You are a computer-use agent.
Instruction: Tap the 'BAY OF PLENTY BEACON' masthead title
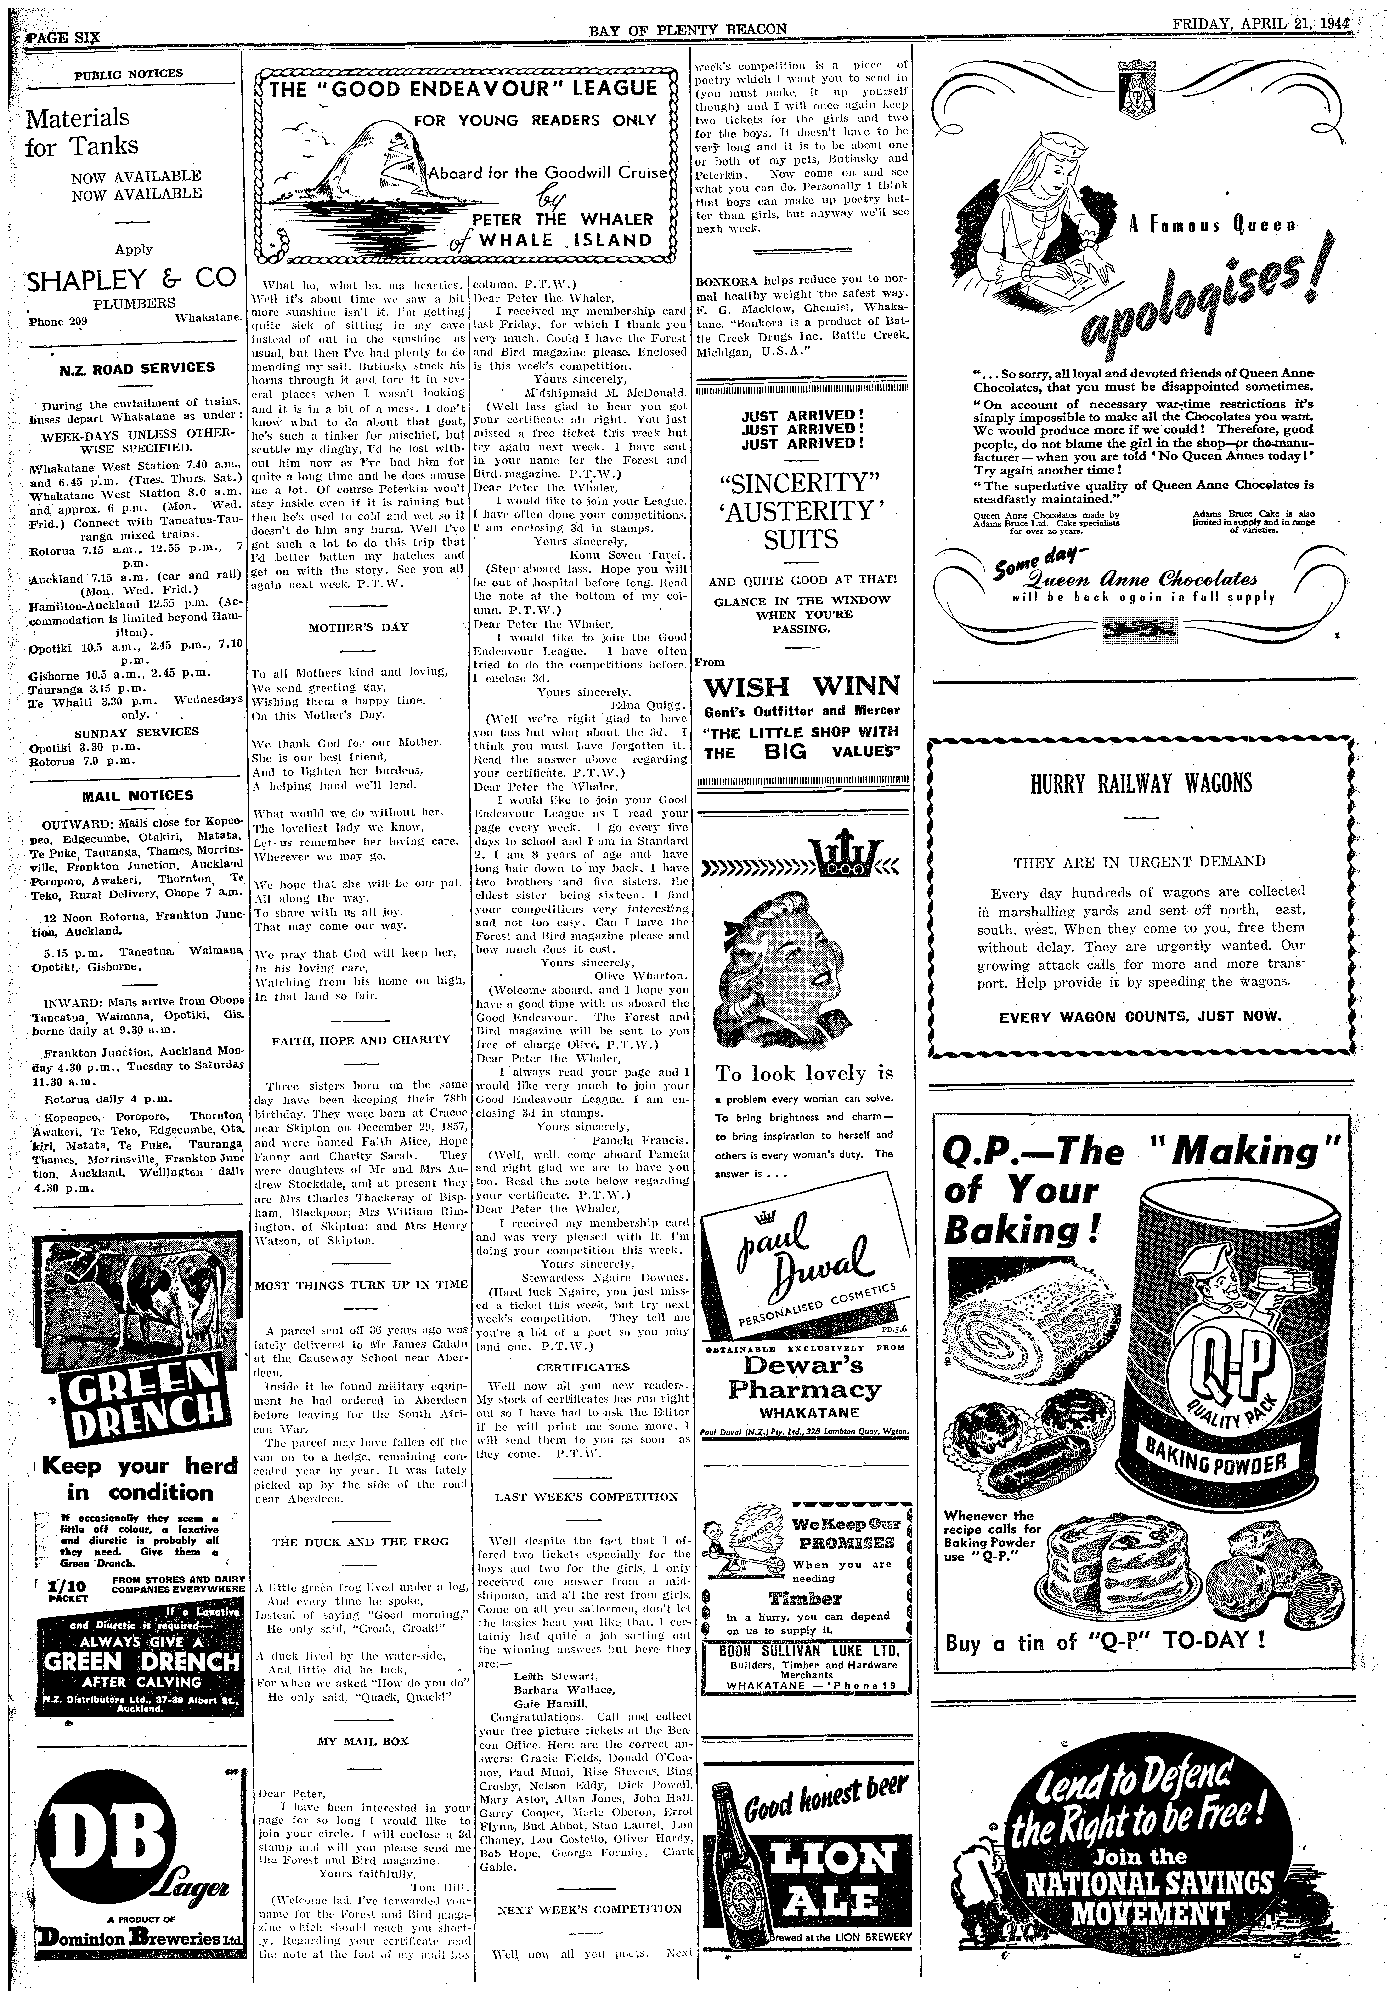[x=688, y=30]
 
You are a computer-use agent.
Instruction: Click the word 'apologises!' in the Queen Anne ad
[x=1210, y=300]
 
